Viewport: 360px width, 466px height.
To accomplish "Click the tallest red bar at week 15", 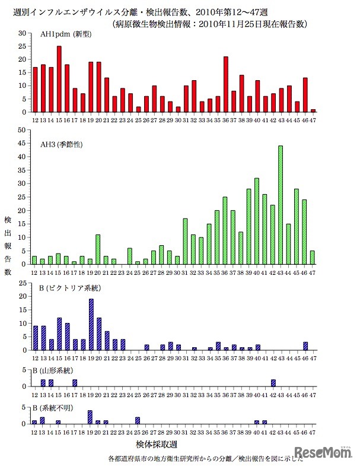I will click(59, 79).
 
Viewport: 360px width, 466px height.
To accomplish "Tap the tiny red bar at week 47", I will click(313, 110).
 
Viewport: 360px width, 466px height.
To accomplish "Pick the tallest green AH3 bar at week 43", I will click(281, 205).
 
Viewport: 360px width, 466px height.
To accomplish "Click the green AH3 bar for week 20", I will click(98, 249).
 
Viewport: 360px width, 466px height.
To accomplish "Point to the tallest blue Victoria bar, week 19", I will click(91, 324).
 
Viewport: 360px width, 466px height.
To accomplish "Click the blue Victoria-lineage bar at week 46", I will click(305, 345).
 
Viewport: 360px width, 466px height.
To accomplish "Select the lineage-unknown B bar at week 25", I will click(138, 421).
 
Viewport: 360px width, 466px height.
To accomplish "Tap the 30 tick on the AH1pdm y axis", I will click(24, 33).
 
